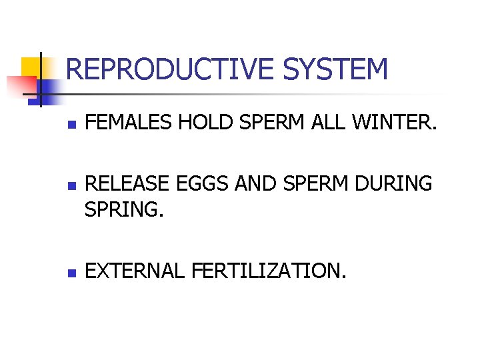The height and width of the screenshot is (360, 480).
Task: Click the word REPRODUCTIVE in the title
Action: [x=171, y=69]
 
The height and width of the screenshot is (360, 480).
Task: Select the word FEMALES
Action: [x=128, y=122]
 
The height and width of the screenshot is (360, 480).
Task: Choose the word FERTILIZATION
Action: [x=269, y=271]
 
